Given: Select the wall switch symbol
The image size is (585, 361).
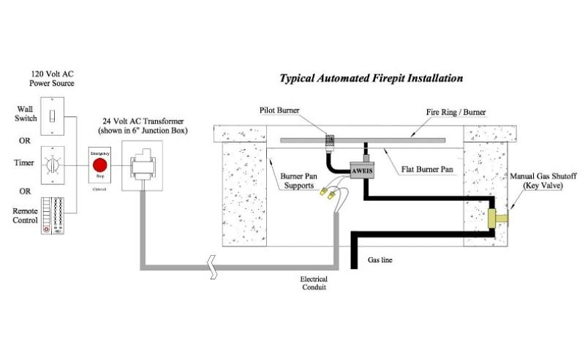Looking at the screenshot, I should tap(53, 115).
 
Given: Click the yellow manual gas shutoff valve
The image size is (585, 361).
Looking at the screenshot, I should tap(497, 217).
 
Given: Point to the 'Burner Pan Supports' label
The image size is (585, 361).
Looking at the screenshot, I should tap(297, 181).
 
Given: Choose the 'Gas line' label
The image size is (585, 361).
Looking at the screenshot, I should tap(381, 259).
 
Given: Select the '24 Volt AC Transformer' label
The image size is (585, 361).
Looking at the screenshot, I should tap(143, 125).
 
